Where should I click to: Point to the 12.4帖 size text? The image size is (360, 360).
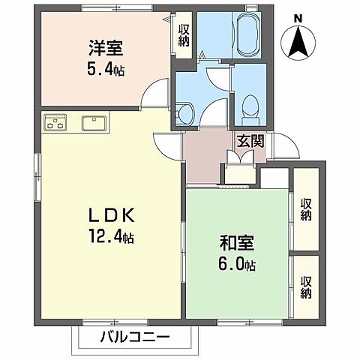click(x=109, y=239)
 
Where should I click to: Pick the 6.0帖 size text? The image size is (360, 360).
click(x=237, y=265)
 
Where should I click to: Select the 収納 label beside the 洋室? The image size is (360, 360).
click(x=183, y=35)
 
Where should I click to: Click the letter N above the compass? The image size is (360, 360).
click(x=298, y=18)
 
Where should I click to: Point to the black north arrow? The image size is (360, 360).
click(x=298, y=42)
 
